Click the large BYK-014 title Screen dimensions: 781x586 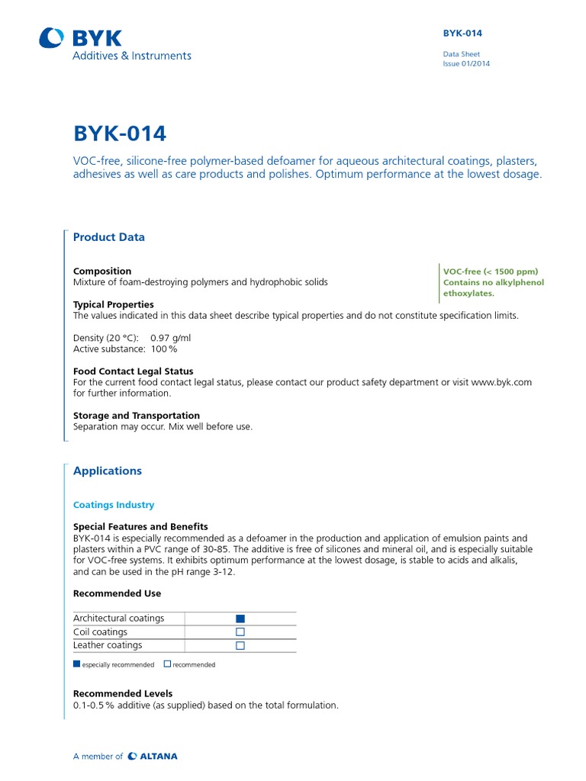pyautogui.click(x=119, y=133)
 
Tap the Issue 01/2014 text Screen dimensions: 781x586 pyautogui.click(x=466, y=64)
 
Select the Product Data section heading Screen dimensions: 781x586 pyautogui.click(x=108, y=237)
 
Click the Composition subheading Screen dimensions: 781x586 pyautogui.click(x=102, y=271)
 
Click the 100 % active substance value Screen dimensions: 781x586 pyautogui.click(x=163, y=349)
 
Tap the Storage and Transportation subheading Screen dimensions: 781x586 pyautogui.click(x=136, y=416)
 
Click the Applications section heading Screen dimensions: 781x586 pyautogui.click(x=108, y=471)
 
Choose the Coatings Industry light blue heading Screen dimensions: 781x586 pyautogui.click(x=114, y=505)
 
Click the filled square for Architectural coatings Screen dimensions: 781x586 pyautogui.click(x=240, y=619)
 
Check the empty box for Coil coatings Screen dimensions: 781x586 pyautogui.click(x=240, y=632)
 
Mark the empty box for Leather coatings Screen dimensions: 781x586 pyautogui.click(x=240, y=645)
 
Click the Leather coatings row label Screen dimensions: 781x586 pyautogui.click(x=108, y=645)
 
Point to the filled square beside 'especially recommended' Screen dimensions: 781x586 pyautogui.click(x=76, y=664)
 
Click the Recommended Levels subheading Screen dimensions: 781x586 pyautogui.click(x=123, y=693)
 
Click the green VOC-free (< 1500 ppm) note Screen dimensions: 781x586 pyautogui.click(x=491, y=272)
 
